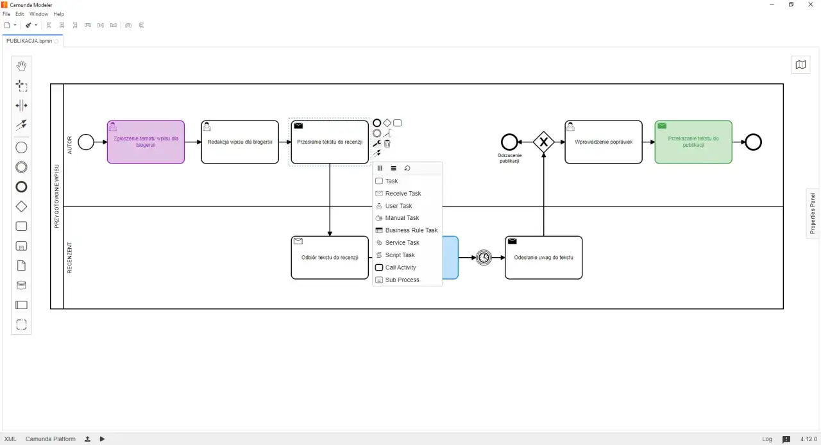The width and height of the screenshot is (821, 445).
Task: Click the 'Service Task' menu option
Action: point(402,242)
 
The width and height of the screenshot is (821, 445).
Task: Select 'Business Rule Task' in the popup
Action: point(411,230)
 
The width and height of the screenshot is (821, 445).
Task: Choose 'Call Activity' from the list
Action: point(400,267)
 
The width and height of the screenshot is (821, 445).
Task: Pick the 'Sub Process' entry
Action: point(402,280)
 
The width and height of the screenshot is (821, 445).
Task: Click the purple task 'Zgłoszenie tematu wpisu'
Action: point(146,142)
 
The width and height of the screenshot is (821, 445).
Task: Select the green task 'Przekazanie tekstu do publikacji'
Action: point(693,142)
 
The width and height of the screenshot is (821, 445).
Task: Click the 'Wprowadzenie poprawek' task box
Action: point(603,142)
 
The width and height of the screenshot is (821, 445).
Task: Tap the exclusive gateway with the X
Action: point(543,142)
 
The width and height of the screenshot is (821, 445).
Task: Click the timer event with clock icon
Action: point(484,258)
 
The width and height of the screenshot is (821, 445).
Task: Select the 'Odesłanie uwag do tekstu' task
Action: point(543,258)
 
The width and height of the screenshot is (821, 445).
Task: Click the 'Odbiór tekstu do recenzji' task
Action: point(330,258)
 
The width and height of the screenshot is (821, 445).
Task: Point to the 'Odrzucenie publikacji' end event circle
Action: point(509,142)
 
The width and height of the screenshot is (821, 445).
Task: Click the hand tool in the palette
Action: point(21,65)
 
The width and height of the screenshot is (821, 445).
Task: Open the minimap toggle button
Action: point(800,64)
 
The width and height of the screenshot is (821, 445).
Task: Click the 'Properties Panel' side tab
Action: point(813,214)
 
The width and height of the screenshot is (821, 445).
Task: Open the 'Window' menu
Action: point(38,14)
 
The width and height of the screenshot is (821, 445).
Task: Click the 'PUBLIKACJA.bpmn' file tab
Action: point(29,40)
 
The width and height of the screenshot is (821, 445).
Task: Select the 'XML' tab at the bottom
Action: point(10,439)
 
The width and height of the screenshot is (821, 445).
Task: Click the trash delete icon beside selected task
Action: point(387,144)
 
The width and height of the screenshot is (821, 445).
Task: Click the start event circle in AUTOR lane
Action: point(85,142)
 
